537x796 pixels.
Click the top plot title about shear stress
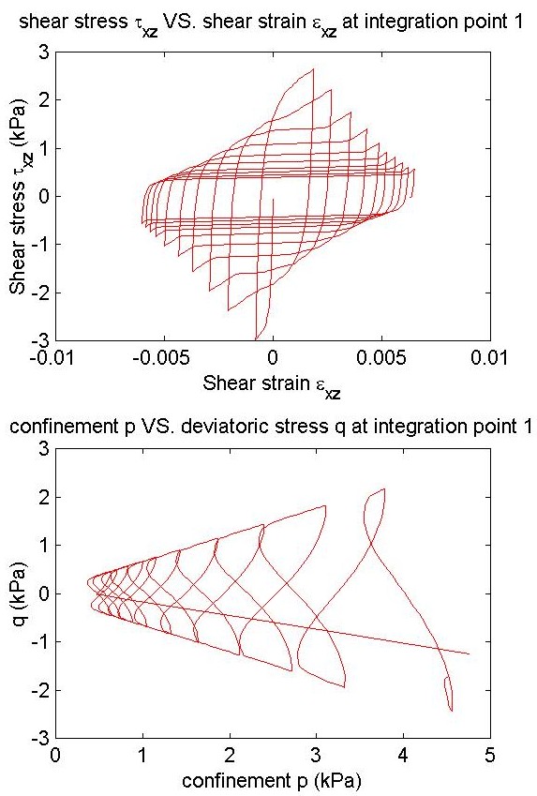click(x=271, y=23)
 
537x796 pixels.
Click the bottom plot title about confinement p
click(x=272, y=427)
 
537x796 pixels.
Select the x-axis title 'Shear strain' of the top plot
click(x=272, y=385)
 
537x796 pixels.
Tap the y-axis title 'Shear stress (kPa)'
click(x=21, y=198)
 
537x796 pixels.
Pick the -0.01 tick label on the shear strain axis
click(x=52, y=358)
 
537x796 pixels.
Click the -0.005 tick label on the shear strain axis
click(x=160, y=358)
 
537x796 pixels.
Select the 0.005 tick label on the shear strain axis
click(x=380, y=358)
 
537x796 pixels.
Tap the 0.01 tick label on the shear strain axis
click(x=490, y=358)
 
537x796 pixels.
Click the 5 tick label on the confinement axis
click(x=490, y=755)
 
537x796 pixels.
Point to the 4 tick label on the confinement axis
click(x=403, y=755)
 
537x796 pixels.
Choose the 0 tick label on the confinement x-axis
click(x=55, y=755)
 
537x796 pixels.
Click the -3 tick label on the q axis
click(x=39, y=738)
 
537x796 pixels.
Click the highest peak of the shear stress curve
click(x=313, y=69)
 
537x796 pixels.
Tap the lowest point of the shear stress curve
click(x=255, y=339)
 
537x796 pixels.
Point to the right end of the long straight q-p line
click(x=469, y=653)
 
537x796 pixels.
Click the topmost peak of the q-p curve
click(x=384, y=488)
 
